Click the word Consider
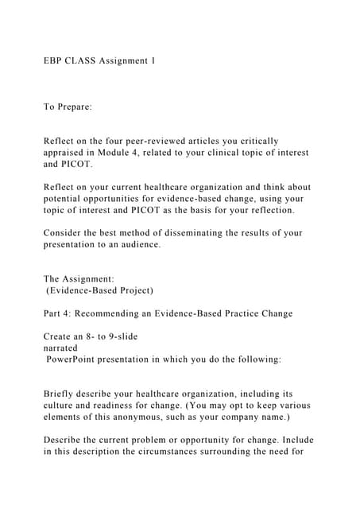tap(64, 233)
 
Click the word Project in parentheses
tap(132, 290)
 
